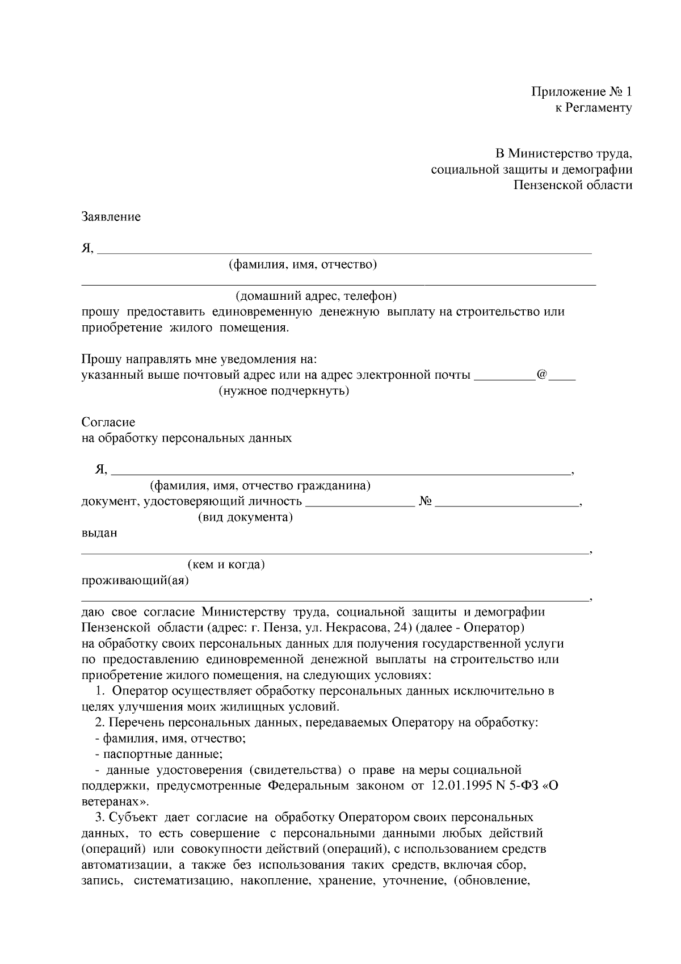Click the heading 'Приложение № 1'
point(581,91)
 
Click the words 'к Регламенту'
point(593,107)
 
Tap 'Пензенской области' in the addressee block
point(573,185)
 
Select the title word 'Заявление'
point(111,217)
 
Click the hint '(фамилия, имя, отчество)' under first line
point(302,265)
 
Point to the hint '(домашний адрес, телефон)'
point(316,296)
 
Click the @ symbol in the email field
point(541,375)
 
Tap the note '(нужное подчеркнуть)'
point(284,391)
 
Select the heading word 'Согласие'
point(108,422)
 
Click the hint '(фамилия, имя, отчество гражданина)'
point(260,486)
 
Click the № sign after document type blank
point(426,502)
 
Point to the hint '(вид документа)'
point(245,518)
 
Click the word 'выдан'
point(99,534)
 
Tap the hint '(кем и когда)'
point(226,565)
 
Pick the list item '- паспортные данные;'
point(159,755)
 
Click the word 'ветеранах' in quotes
point(111,802)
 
